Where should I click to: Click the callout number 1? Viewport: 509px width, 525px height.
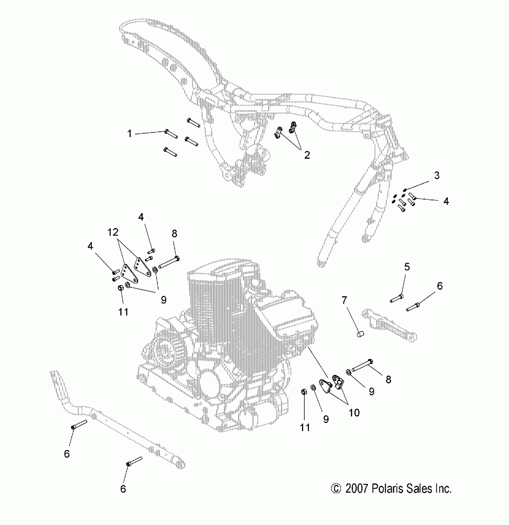pyautogui.click(x=129, y=133)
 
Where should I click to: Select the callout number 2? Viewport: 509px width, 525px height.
pyautogui.click(x=307, y=155)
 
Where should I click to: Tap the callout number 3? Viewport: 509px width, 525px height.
pyautogui.click(x=437, y=175)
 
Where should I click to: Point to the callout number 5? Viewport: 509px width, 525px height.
pyautogui.click(x=407, y=267)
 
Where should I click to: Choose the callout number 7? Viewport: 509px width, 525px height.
pyautogui.click(x=344, y=300)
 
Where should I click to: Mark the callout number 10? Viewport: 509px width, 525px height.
pyautogui.click(x=354, y=413)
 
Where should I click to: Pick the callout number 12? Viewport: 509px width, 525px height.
pyautogui.click(x=113, y=232)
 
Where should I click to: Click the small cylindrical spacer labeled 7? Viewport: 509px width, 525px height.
pyautogui.click(x=361, y=334)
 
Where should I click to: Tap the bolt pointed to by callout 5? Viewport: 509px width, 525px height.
pyautogui.click(x=397, y=298)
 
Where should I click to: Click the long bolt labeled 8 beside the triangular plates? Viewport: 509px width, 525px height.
pyautogui.click(x=169, y=262)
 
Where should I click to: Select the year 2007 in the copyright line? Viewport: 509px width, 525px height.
pyautogui.click(x=356, y=489)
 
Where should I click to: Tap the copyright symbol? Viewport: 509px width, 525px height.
pyautogui.click(x=336, y=489)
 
